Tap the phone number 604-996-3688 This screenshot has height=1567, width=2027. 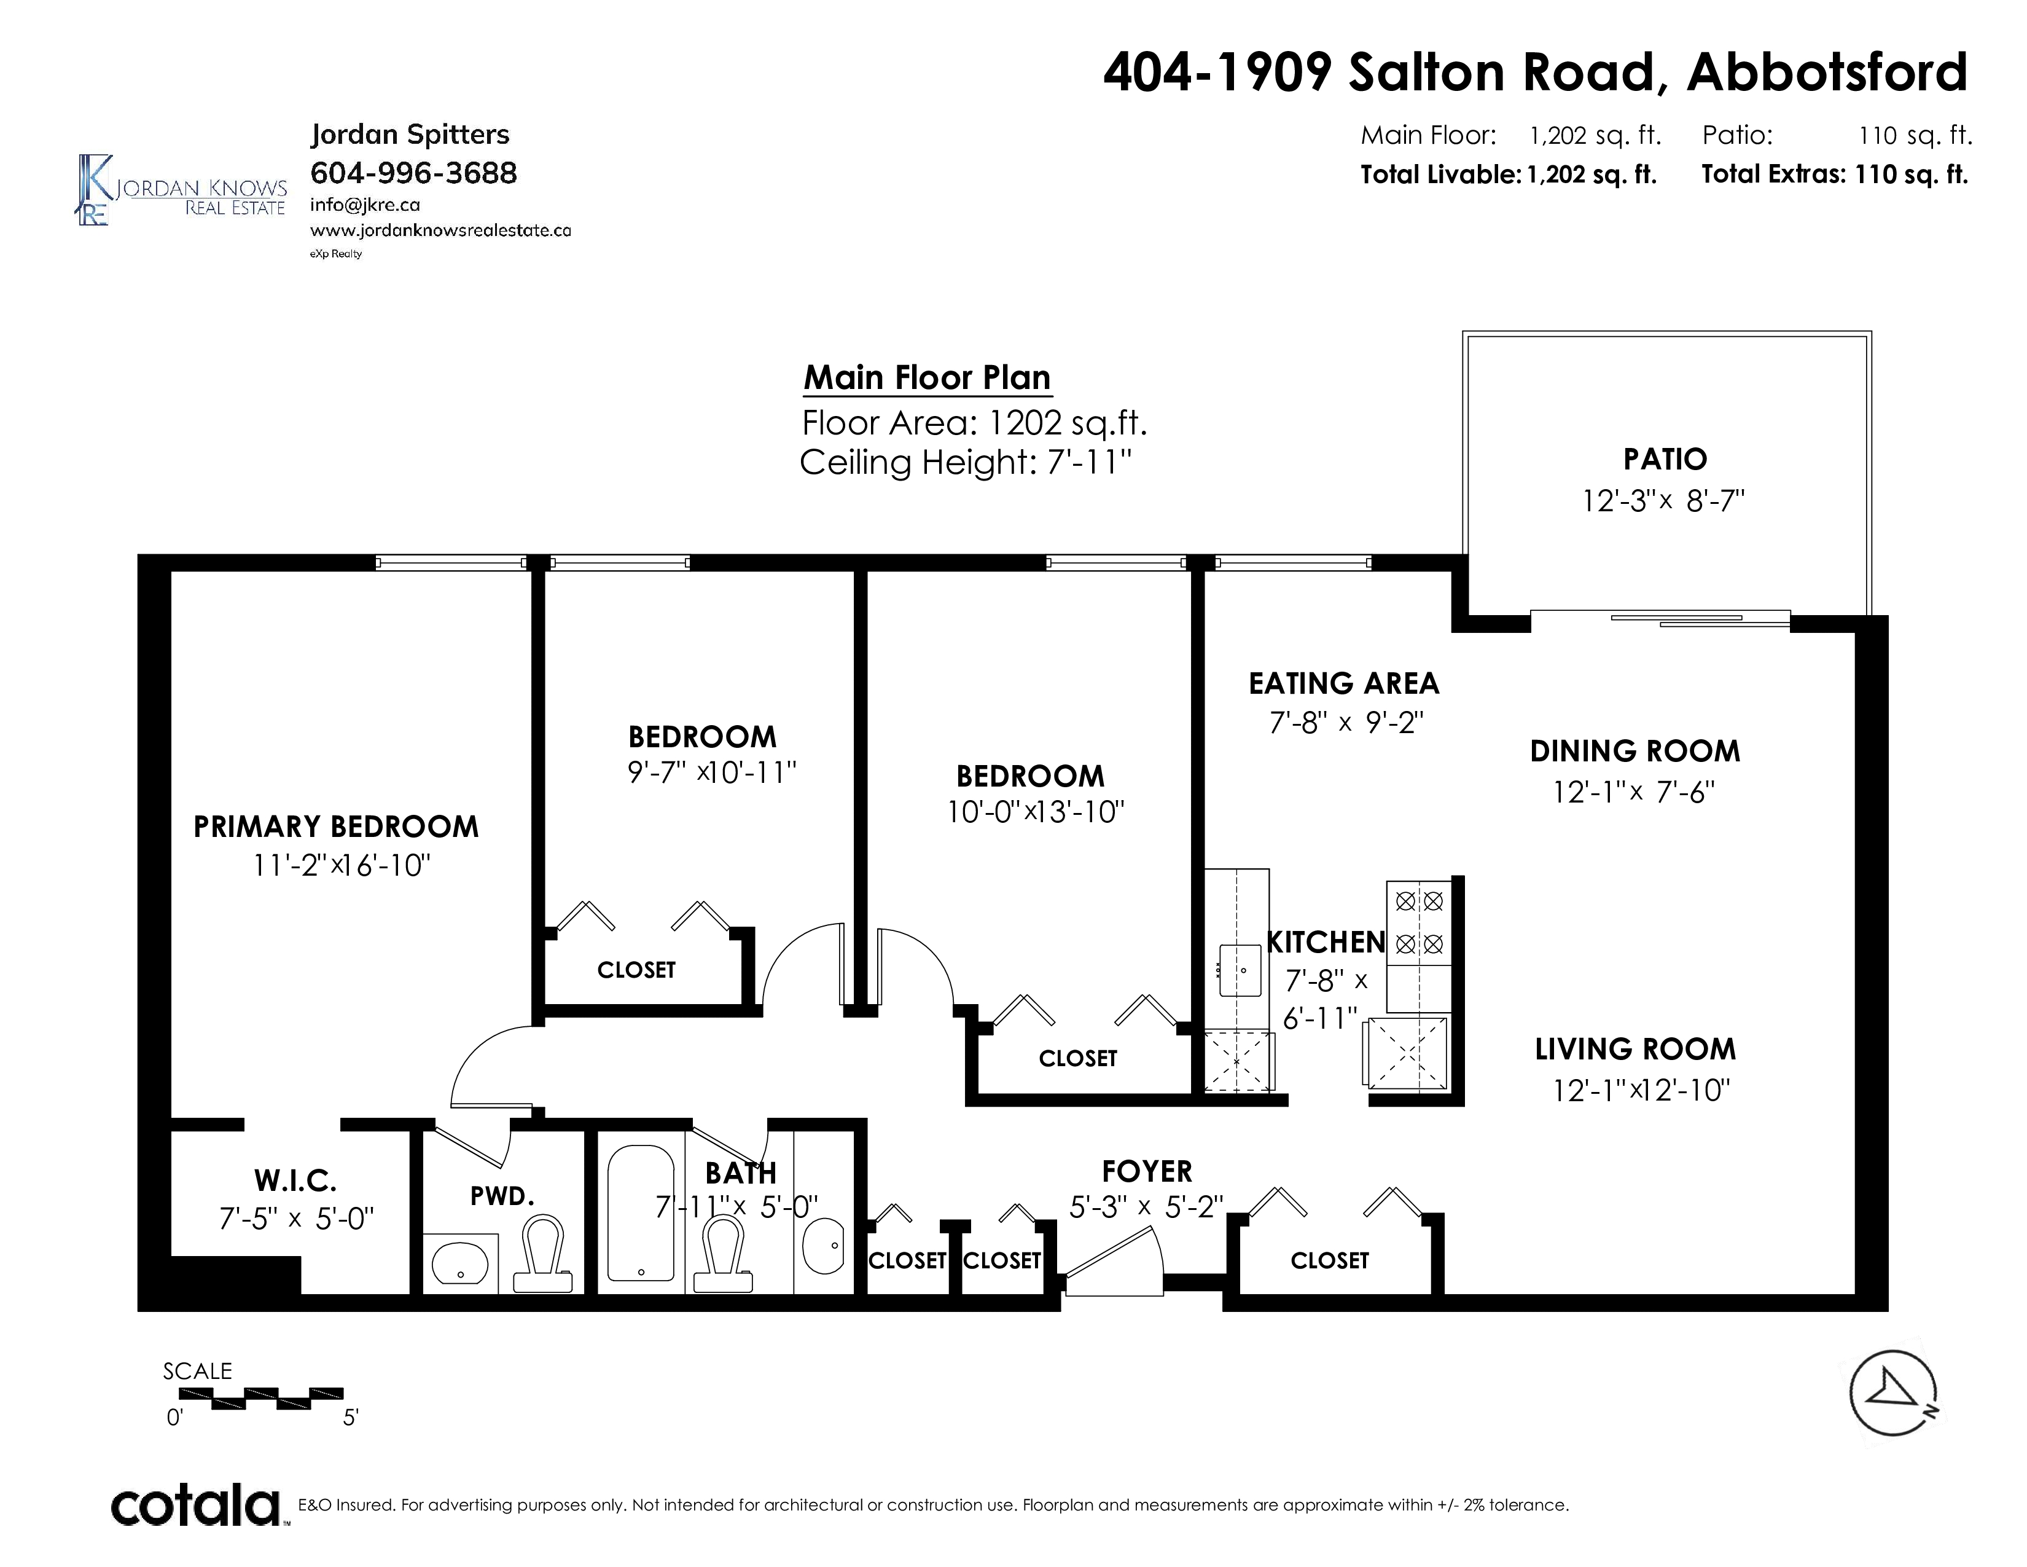pos(413,173)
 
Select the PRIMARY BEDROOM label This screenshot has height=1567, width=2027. pos(336,826)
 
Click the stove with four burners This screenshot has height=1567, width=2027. pos(1419,946)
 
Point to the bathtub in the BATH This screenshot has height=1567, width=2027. pos(641,1213)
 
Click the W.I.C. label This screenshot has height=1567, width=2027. pos(295,1181)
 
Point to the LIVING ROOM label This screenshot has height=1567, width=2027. pos(1635,1049)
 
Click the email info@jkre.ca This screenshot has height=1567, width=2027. pos(365,205)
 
